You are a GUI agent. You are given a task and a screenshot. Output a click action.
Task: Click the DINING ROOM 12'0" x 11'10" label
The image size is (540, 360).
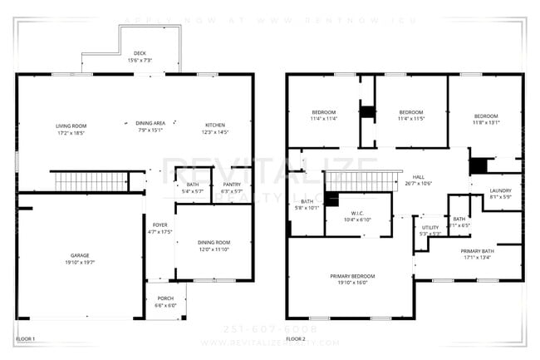(x=214, y=246)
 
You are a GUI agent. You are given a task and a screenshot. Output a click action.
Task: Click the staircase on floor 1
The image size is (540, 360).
(x=91, y=181)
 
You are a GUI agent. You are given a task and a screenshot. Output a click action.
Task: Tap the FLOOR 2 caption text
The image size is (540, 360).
(x=297, y=339)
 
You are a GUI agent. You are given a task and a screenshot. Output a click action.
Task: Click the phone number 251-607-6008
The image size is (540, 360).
(x=270, y=329)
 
